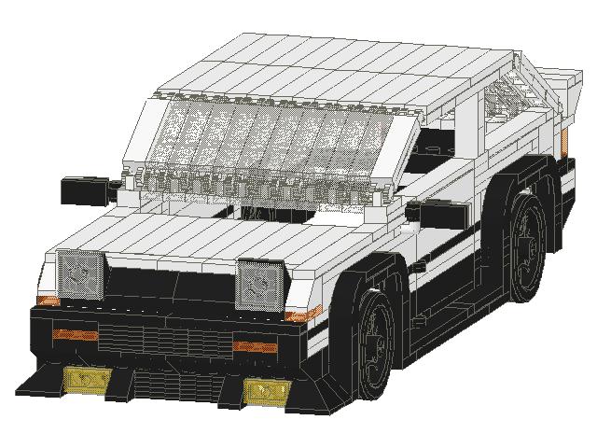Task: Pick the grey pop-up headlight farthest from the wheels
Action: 81,273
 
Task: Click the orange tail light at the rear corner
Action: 566,140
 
